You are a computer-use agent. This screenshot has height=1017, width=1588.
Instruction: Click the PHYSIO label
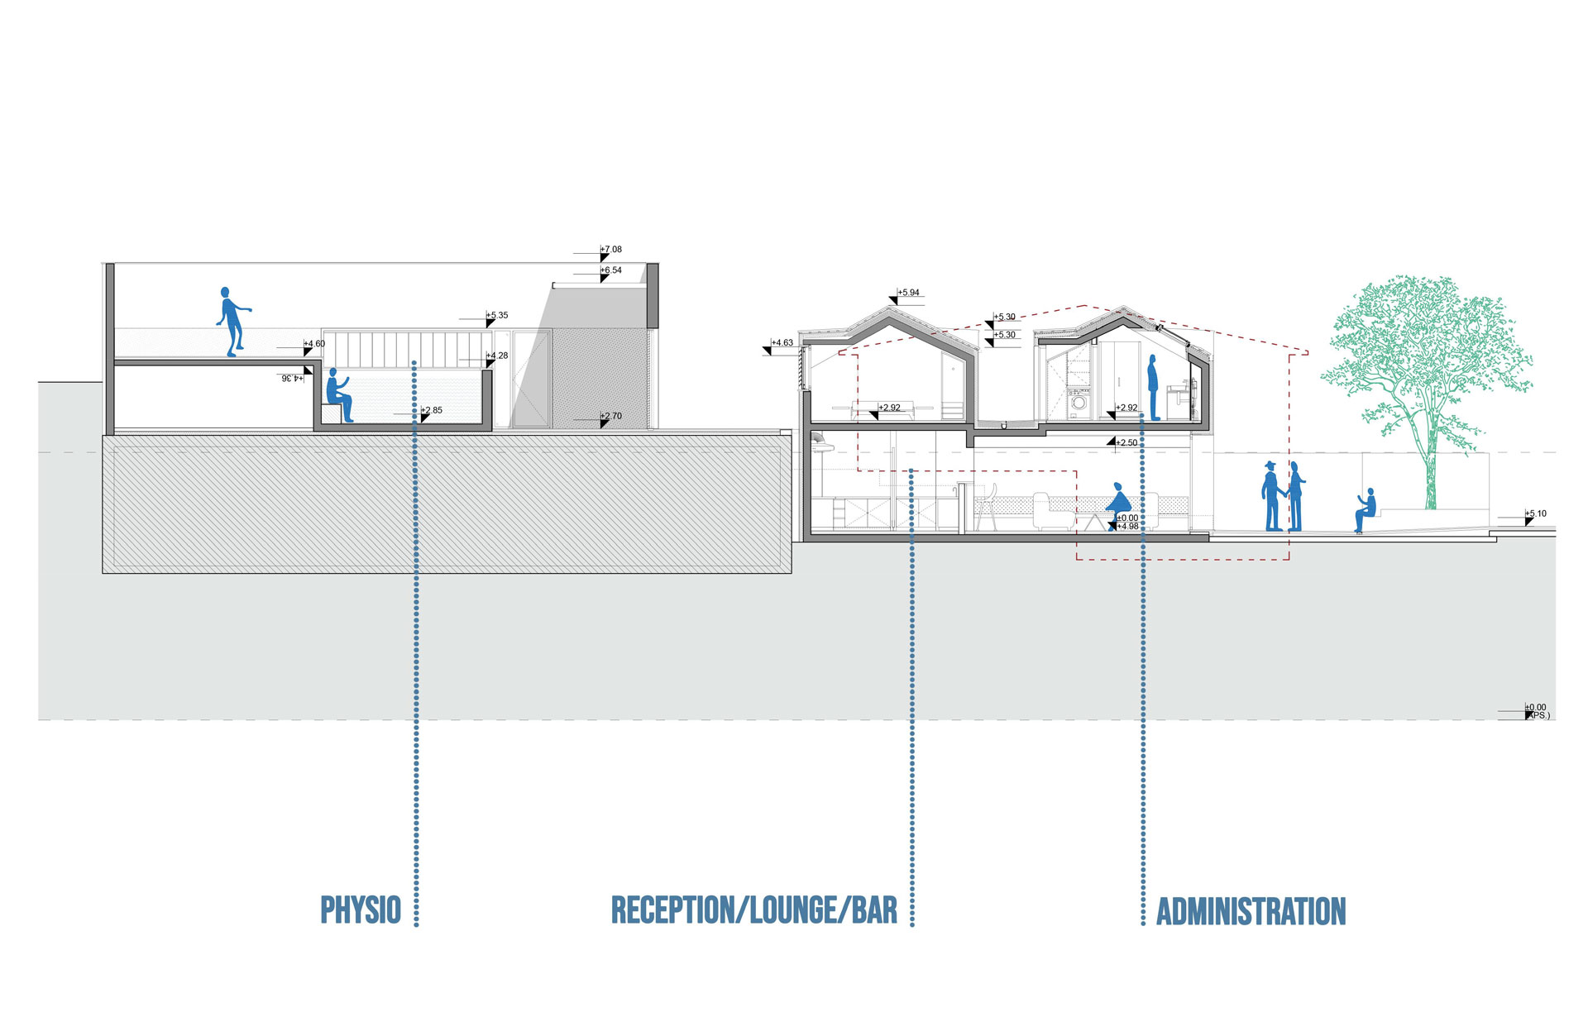tap(361, 910)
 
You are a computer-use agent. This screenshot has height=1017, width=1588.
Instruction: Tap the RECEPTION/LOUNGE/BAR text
tap(753, 910)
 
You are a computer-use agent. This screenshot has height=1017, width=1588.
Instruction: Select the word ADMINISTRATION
tap(1251, 911)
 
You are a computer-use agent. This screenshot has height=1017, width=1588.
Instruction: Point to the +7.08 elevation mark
tap(611, 250)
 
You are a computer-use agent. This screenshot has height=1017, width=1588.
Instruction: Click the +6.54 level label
tap(611, 270)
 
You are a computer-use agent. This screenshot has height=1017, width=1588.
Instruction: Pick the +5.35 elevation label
tap(497, 316)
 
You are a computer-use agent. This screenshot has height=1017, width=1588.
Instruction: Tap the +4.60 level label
tap(314, 344)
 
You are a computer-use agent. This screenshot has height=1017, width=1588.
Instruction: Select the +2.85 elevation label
tap(432, 410)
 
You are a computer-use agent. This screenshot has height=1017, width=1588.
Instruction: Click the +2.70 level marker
tap(611, 417)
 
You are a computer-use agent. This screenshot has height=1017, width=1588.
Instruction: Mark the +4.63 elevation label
tap(782, 343)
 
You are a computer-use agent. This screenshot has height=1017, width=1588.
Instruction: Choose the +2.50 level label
tap(1126, 443)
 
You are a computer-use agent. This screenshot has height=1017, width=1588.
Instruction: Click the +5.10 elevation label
tap(1536, 514)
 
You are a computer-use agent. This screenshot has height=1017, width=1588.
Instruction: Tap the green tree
tap(1427, 364)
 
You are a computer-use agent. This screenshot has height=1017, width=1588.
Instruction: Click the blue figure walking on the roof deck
tap(232, 322)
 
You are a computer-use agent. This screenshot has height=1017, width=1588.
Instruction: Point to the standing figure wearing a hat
tap(1271, 496)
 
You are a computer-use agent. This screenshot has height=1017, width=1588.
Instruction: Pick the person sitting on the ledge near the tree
tap(1366, 509)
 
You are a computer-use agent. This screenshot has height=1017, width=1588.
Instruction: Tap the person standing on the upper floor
tap(1153, 388)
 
